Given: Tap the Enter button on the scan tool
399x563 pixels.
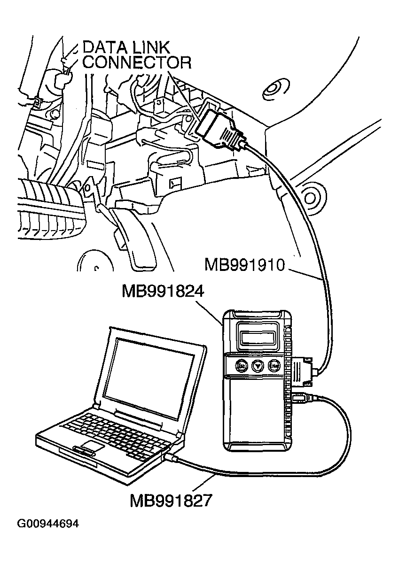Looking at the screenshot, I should click(274, 365).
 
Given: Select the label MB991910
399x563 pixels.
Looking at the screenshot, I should click(245, 265).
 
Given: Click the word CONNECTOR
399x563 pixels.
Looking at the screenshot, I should click(137, 62).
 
